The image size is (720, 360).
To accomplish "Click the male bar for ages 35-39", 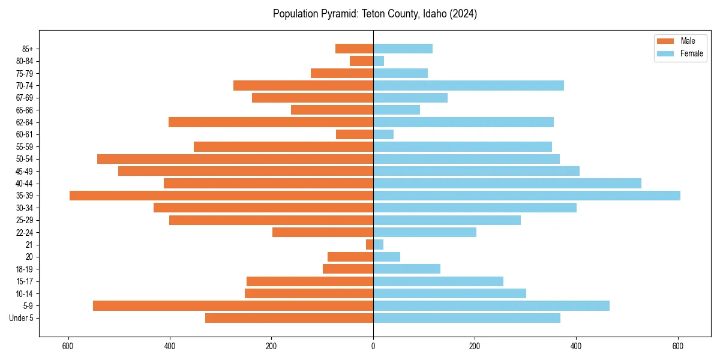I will [x=221, y=196].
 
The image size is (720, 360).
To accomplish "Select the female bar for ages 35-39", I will [x=527, y=196].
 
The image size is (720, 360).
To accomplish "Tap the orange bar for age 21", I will [x=370, y=244].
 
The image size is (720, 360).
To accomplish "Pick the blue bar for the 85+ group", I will [x=403, y=49].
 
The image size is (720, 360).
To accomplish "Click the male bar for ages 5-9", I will [x=233, y=305].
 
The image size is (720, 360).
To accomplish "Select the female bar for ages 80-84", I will [x=379, y=61].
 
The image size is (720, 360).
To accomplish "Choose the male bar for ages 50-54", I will [x=235, y=159].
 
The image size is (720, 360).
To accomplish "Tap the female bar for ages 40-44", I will [x=507, y=183].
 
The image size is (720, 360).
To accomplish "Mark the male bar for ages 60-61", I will [x=355, y=134].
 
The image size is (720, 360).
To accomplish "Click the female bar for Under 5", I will [x=467, y=318].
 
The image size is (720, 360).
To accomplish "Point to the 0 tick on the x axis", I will [x=373, y=346].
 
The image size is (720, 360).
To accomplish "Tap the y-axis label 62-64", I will [x=25, y=122].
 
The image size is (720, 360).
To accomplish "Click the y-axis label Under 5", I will [x=22, y=318].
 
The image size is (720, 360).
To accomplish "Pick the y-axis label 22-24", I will [x=25, y=232].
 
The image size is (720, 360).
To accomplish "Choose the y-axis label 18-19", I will [x=25, y=269].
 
